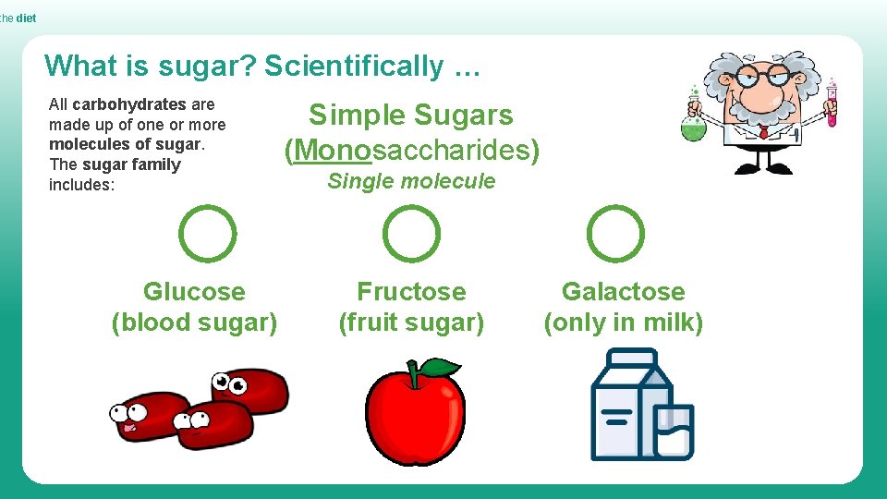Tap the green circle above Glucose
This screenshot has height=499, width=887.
click(207, 234)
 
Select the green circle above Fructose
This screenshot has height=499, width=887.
click(411, 234)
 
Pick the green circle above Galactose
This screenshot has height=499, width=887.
click(615, 234)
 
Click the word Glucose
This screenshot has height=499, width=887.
click(194, 292)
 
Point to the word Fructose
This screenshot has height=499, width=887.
click(411, 292)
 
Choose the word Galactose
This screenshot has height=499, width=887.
click(624, 292)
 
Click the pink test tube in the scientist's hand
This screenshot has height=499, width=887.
click(832, 103)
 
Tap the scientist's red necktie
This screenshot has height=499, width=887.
click(763, 133)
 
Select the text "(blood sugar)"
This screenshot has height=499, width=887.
click(194, 323)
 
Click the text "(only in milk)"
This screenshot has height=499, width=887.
click(624, 323)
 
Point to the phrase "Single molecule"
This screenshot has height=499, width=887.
click(411, 181)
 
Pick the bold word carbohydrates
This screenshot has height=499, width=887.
click(129, 104)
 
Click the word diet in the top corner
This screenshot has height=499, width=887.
click(26, 18)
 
